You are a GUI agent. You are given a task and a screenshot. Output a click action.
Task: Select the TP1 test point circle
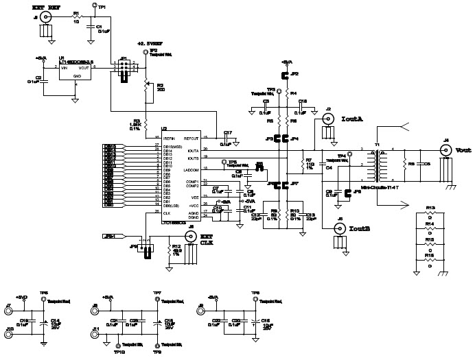94,6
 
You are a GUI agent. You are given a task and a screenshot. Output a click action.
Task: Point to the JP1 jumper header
124,69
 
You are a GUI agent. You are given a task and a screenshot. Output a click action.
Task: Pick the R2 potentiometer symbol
146,85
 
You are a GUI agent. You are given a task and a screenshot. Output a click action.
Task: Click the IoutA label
352,118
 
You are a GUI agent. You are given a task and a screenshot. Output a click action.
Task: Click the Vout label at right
463,150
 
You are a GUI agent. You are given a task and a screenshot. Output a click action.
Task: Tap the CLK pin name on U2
165,213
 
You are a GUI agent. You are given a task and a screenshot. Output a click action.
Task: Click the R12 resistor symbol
169,252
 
